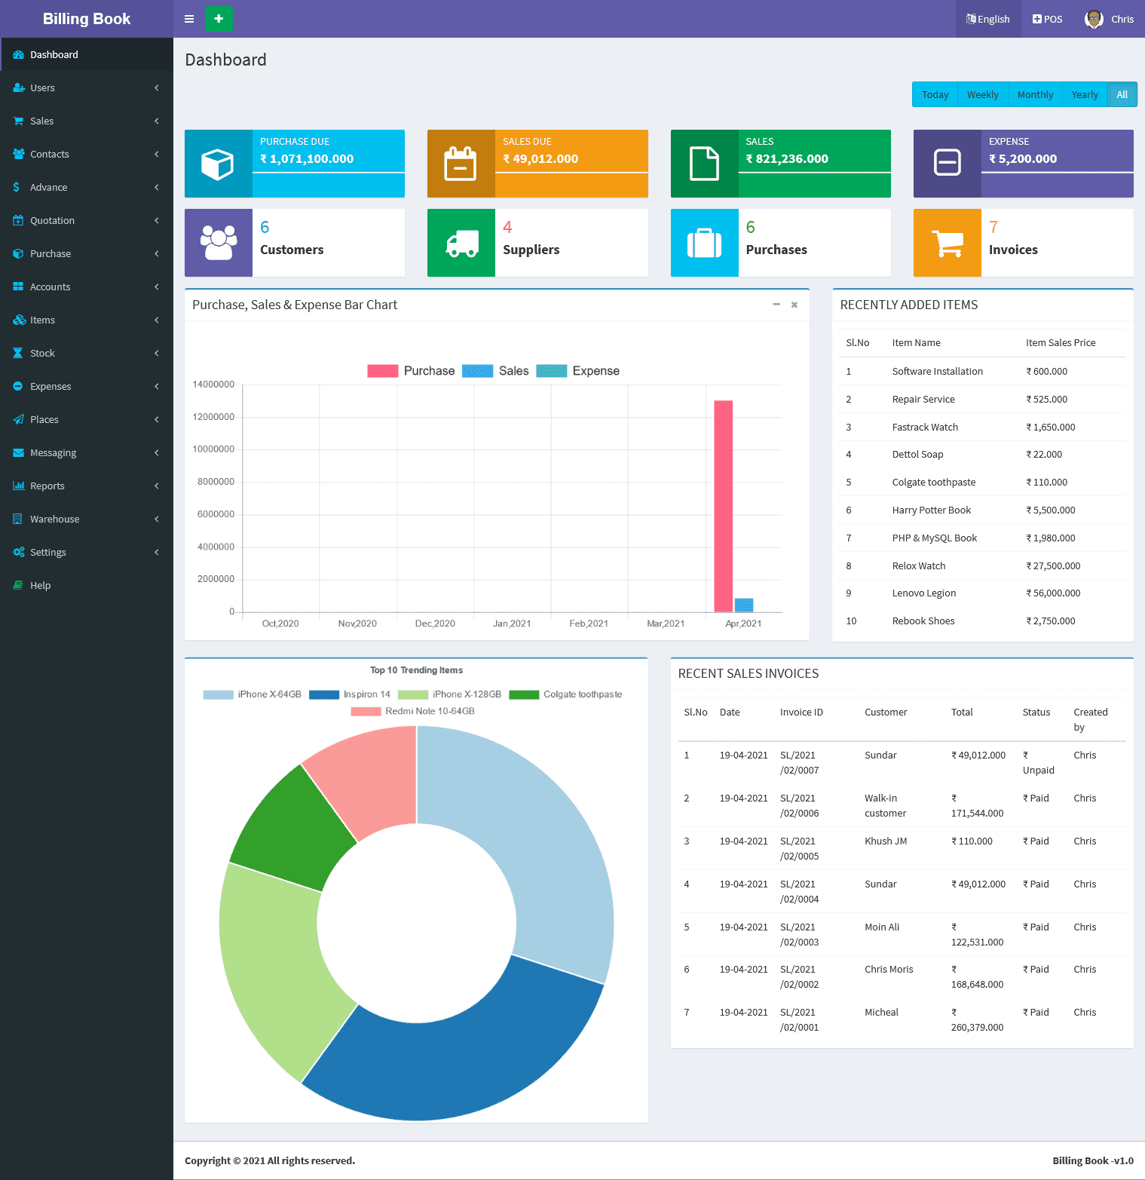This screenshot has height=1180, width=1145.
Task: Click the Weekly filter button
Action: (982, 95)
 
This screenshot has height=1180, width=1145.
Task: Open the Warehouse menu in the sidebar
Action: (54, 519)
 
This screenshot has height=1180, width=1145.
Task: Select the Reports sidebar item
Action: (47, 486)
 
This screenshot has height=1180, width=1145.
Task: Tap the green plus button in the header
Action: (219, 19)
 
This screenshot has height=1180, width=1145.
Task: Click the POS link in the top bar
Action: (1047, 19)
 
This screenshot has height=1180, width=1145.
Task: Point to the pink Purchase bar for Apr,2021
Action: (724, 505)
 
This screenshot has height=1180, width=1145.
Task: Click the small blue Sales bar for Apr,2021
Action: (744, 605)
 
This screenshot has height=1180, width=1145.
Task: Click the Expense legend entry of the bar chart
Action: (578, 371)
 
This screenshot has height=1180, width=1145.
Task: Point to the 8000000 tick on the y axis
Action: (216, 482)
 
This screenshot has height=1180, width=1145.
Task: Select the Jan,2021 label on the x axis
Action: (512, 624)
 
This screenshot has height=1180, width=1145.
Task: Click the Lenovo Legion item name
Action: (923, 593)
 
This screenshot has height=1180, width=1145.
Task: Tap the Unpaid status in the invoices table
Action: (1038, 770)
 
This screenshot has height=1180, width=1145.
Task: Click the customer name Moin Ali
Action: (882, 927)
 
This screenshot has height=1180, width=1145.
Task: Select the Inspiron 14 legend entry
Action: (351, 694)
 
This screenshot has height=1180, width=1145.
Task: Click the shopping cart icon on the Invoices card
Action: (948, 243)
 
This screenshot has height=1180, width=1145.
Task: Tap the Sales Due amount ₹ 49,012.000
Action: (540, 159)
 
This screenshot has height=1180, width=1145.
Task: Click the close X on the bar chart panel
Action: (794, 305)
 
